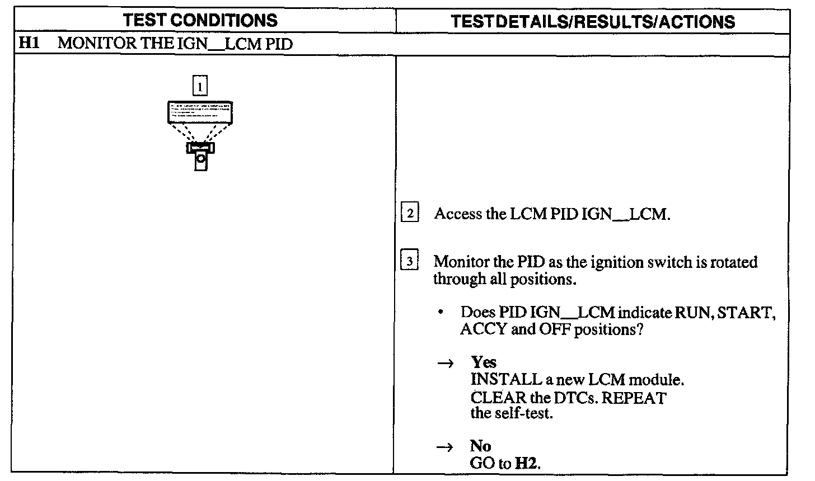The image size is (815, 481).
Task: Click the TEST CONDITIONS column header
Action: [200, 21]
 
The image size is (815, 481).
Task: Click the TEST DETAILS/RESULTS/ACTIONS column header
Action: [593, 21]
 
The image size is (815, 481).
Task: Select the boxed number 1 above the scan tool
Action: [200, 86]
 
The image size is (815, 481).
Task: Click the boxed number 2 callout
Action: [410, 213]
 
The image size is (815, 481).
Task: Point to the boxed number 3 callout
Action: [410, 261]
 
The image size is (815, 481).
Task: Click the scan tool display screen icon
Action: [200, 112]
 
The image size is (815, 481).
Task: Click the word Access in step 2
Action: [457, 214]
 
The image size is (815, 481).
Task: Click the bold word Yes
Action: [484, 362]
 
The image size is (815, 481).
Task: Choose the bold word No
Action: [480, 446]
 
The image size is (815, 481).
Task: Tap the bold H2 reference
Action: [527, 463]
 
